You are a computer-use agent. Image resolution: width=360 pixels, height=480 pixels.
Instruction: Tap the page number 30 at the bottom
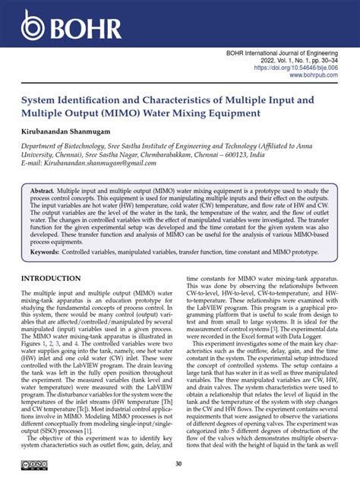[x=179, y=464]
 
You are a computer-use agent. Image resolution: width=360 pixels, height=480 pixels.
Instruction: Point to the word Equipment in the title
[x=227, y=113]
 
